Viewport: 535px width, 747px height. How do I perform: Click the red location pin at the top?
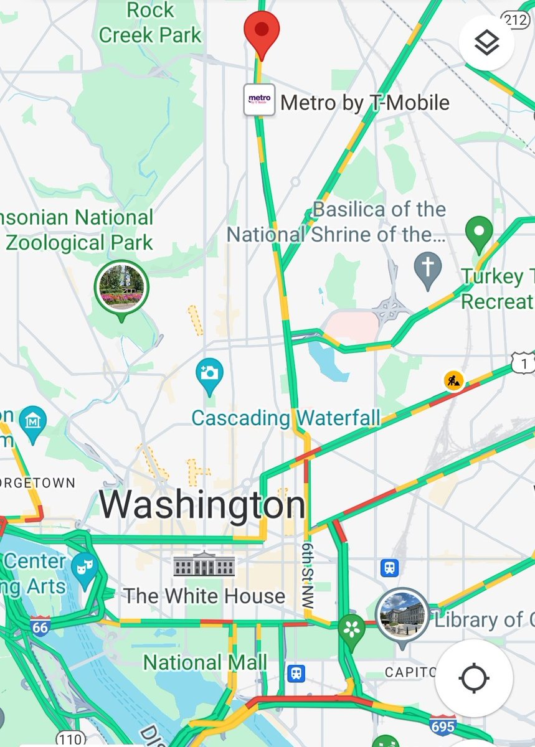pyautogui.click(x=262, y=31)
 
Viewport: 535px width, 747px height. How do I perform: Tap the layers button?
pyautogui.click(x=486, y=43)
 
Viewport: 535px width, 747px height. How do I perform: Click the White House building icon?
pyautogui.click(x=204, y=565)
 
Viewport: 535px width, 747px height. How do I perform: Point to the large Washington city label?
pyautogui.click(x=202, y=505)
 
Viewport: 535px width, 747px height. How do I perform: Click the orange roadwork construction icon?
pyautogui.click(x=454, y=380)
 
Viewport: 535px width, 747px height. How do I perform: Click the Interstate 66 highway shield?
pyautogui.click(x=40, y=627)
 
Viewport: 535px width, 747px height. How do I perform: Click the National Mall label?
pyautogui.click(x=206, y=662)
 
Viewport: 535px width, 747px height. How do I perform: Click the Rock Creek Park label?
pyautogui.click(x=150, y=22)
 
